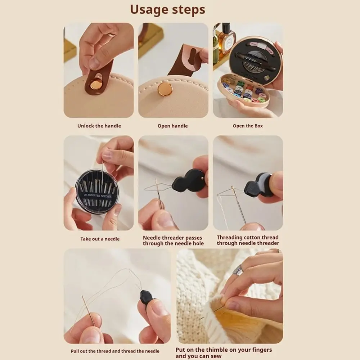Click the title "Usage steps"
(168, 10)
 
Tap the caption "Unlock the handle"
(99, 126)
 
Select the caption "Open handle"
(173, 126)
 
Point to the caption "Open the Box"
(248, 126)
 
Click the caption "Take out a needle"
(100, 239)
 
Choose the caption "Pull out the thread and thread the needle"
(115, 351)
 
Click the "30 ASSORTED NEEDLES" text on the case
(97, 196)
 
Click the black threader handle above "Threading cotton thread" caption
(258, 185)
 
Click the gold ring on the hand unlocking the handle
(112, 35)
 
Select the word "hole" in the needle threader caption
(198, 243)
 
